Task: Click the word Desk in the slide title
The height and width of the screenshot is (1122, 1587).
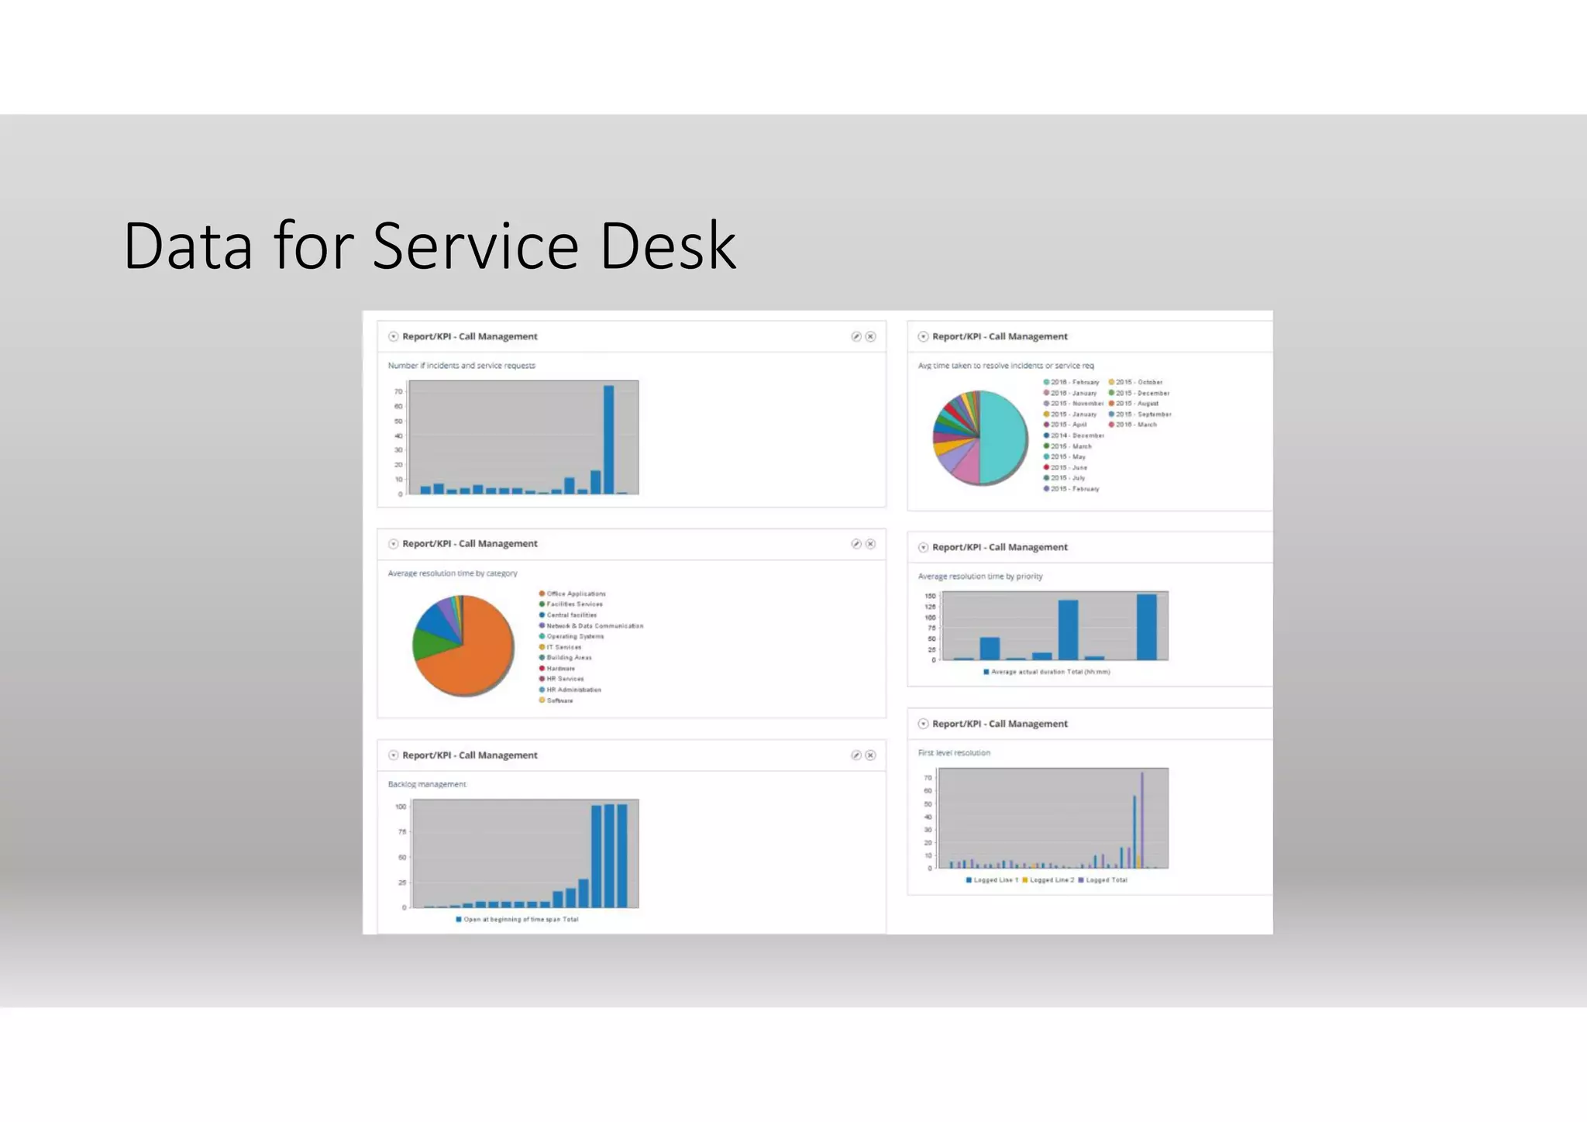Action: (667, 246)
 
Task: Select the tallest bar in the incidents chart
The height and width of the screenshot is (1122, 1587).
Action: (608, 439)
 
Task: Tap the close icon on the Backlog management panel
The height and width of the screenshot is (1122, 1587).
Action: (870, 755)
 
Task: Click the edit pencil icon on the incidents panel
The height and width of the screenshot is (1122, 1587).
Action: (856, 336)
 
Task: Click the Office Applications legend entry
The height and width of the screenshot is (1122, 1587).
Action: (575, 594)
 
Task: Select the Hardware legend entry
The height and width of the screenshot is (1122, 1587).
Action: (559, 668)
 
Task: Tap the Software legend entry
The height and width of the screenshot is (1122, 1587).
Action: (559, 700)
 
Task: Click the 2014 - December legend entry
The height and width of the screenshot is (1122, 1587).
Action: (1076, 435)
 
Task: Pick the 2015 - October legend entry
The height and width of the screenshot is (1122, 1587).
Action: (1138, 382)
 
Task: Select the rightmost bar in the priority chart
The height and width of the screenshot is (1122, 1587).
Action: (1146, 627)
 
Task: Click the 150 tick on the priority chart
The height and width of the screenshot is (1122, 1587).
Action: (930, 596)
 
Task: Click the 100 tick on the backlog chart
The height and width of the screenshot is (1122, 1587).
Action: (401, 807)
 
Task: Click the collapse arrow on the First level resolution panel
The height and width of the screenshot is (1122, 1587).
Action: (923, 724)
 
